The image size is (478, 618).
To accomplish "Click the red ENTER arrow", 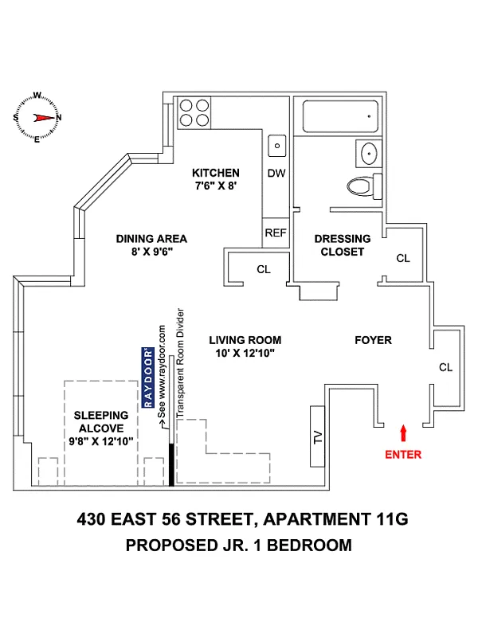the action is coord(403,432).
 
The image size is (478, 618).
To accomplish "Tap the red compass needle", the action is coord(43,117).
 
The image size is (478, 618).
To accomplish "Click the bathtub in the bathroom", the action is coord(340,116).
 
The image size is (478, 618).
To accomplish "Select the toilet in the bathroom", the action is coord(364,186).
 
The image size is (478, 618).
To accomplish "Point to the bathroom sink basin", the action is coord(369,153).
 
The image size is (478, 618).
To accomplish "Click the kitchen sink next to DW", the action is coord(277,146).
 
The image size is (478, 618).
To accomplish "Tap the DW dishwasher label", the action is coord(276,173).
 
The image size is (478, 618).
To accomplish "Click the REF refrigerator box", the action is coord(276,233).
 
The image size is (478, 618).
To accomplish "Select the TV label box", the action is coord(318,436).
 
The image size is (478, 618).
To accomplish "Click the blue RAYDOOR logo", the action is coord(148,377).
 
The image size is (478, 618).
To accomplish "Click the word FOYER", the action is coord(373,340).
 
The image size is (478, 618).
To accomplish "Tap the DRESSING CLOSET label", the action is coord(343,245).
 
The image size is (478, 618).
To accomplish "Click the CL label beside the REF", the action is coord(264,269).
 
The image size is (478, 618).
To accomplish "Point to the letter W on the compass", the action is coord(37,95).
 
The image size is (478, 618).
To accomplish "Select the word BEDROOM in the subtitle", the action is coord(309,546).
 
